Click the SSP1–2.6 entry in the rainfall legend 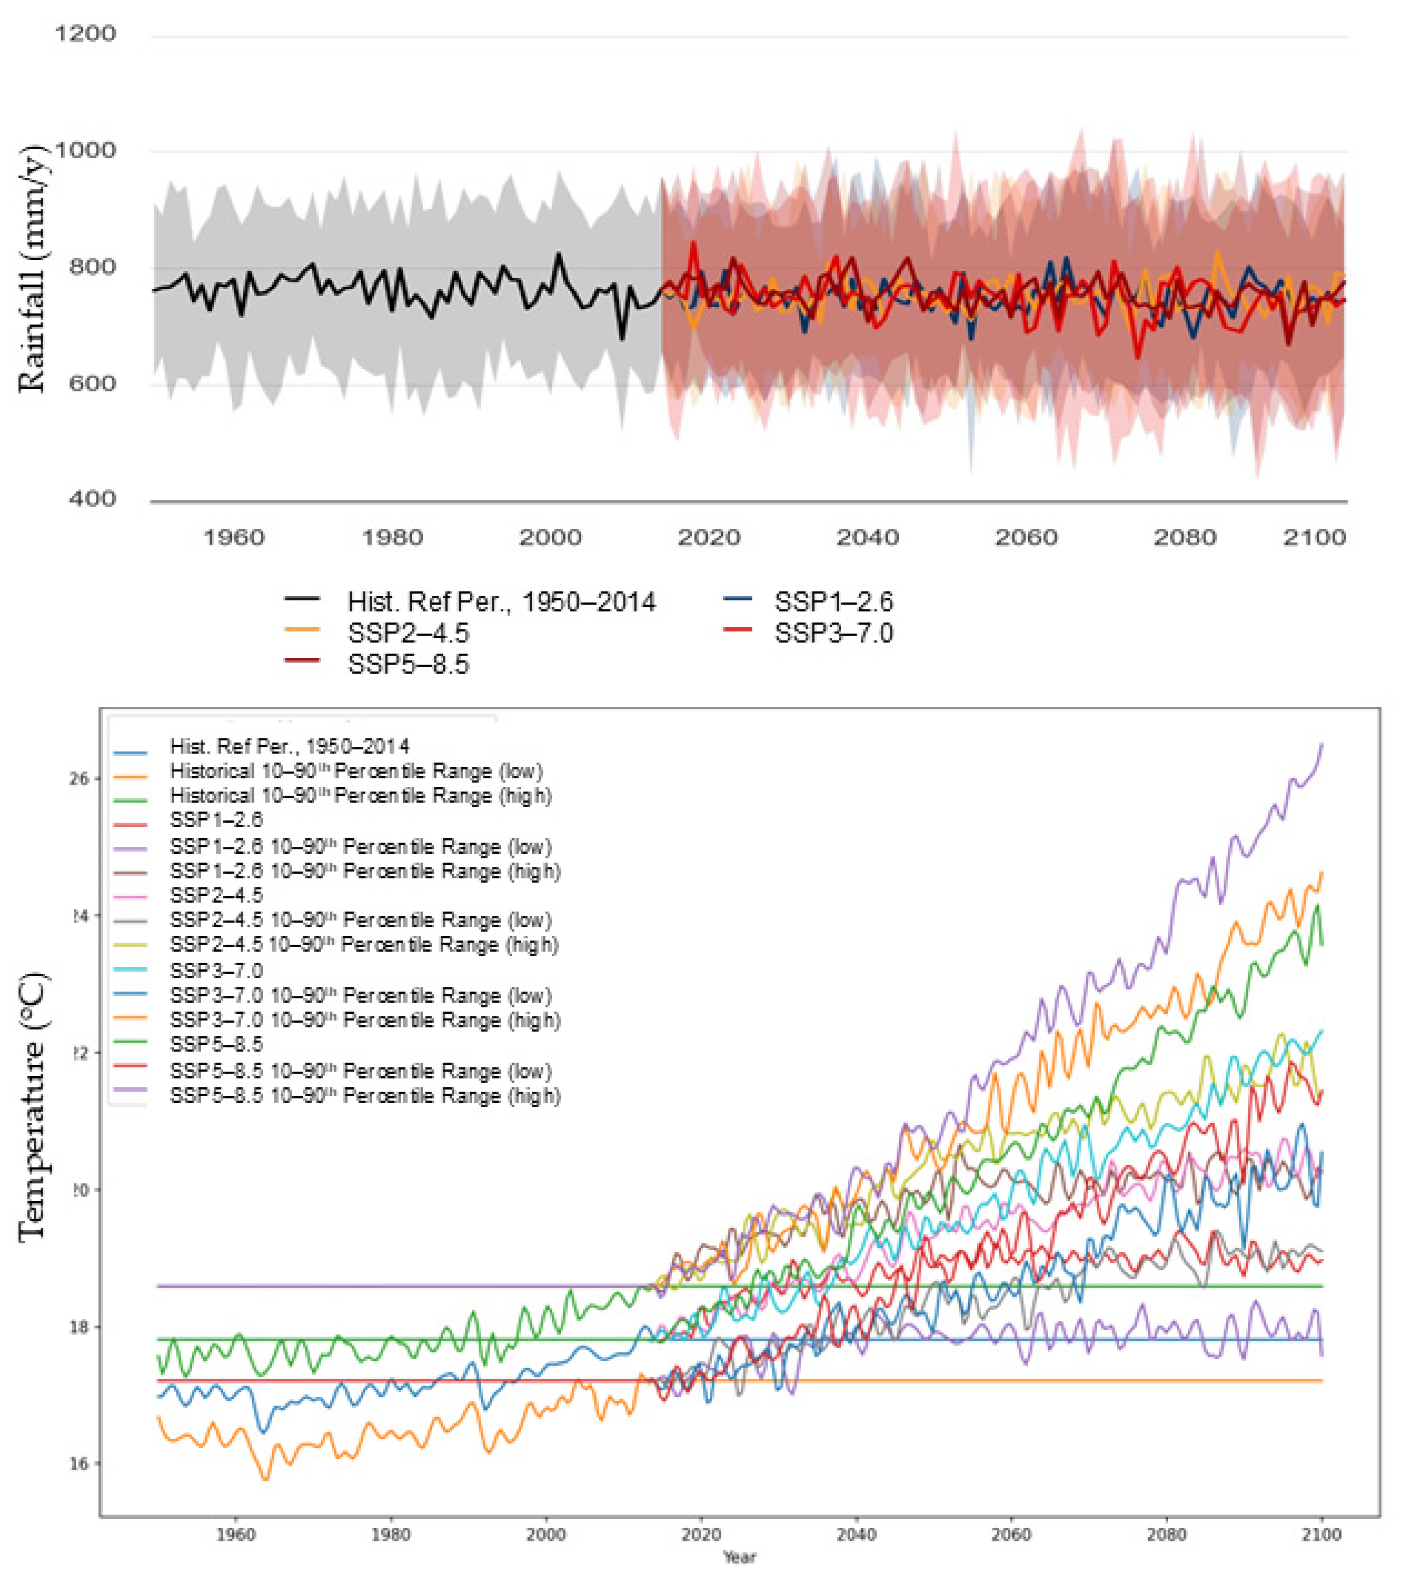(x=834, y=602)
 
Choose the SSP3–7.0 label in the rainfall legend (x=834, y=633)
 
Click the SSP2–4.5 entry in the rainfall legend (x=408, y=633)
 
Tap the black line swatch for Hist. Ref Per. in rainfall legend (x=303, y=599)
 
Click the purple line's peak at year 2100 (x=1321, y=745)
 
